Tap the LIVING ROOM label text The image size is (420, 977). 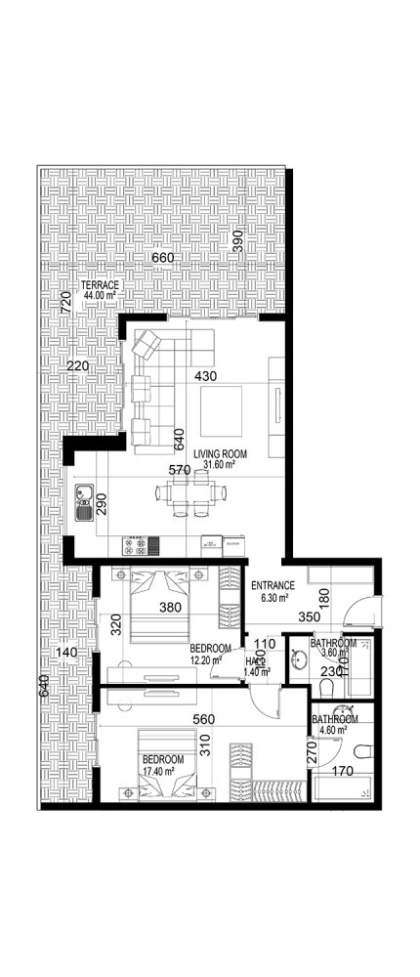tap(219, 453)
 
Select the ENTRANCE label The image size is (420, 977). tap(273, 586)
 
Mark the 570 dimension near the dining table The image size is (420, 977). tap(179, 470)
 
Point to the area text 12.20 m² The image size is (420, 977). tap(206, 659)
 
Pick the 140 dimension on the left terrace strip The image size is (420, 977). tap(65, 653)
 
